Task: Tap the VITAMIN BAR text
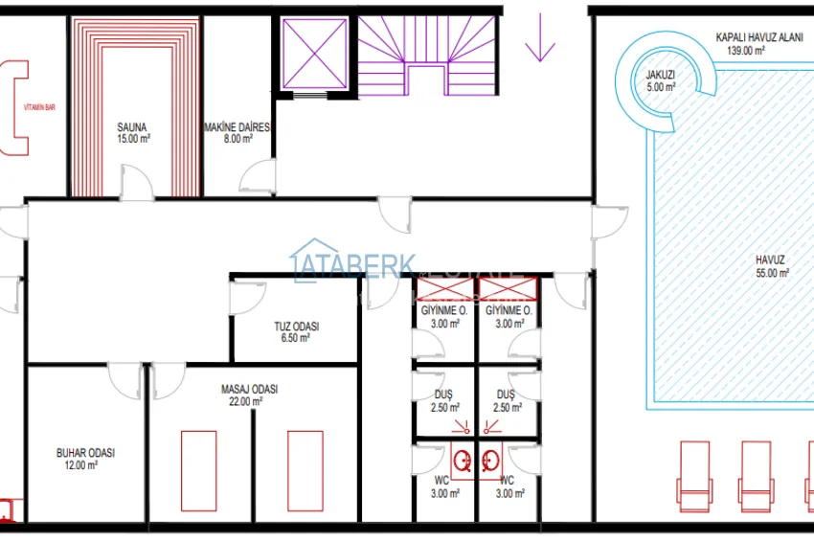tap(39, 108)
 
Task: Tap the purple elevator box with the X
tap(313, 54)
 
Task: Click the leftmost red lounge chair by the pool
tap(695, 473)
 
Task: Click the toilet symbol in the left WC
tap(463, 461)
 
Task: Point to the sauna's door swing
tap(138, 182)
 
